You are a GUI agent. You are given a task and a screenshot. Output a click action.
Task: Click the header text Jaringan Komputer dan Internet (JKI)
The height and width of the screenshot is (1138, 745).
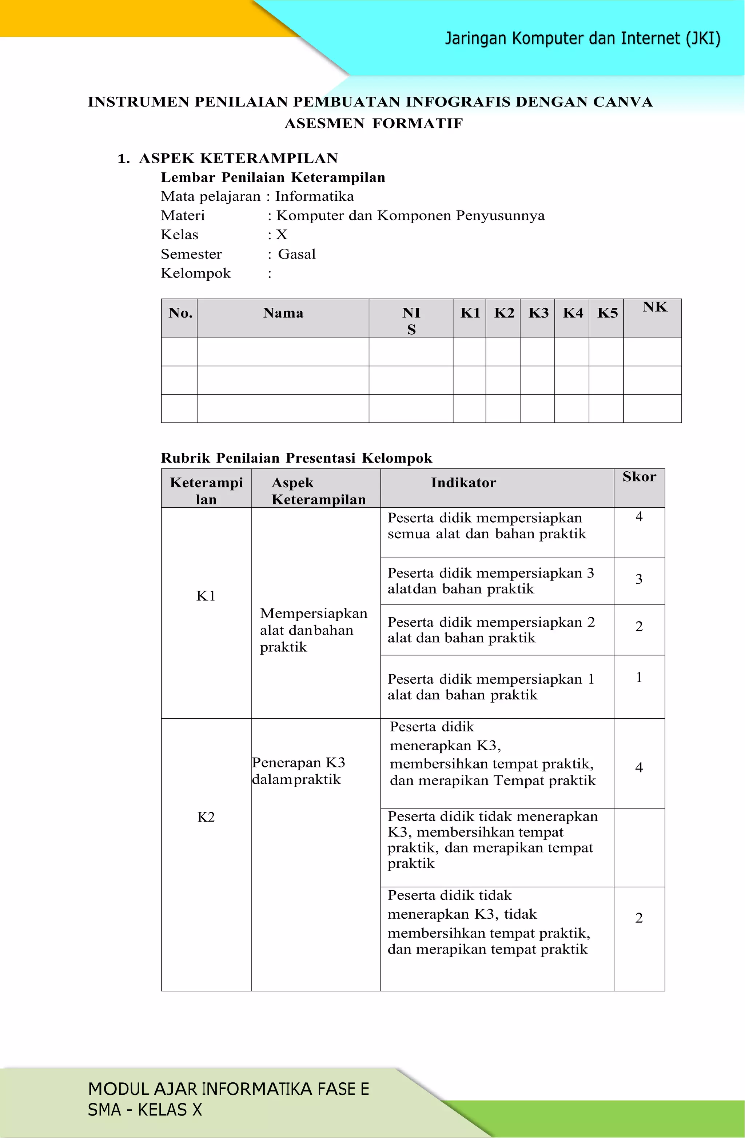[x=582, y=38]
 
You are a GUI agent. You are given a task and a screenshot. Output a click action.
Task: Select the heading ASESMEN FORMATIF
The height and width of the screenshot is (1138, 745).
[x=374, y=123]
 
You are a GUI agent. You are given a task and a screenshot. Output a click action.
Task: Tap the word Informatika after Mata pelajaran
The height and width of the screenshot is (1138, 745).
[x=314, y=196]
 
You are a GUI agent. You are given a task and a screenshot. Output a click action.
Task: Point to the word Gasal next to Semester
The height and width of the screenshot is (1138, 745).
[x=296, y=254]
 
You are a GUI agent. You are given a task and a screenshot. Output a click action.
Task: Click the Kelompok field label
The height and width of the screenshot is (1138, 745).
[x=196, y=273]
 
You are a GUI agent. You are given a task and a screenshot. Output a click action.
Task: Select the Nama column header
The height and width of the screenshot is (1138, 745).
[x=283, y=313]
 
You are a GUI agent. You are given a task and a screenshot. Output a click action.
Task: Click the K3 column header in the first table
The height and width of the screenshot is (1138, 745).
[x=538, y=313]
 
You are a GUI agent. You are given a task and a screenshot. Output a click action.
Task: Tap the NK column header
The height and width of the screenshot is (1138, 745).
[x=654, y=307]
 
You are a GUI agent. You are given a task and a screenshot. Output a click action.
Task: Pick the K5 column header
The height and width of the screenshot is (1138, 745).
[x=607, y=313]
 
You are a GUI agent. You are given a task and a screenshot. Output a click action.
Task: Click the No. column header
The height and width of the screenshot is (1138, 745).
[x=180, y=313]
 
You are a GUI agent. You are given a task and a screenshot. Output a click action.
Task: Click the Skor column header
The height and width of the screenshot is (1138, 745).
[x=639, y=477]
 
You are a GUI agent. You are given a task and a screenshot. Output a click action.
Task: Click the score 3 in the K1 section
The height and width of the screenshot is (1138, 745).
[x=638, y=579]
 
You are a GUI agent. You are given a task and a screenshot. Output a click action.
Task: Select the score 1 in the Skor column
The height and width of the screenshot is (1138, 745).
[x=638, y=677]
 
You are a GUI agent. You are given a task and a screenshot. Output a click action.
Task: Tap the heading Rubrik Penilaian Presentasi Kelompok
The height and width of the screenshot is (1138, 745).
[x=296, y=458]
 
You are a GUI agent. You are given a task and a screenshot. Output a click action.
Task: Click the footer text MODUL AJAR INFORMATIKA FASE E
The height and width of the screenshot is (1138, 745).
[x=228, y=1089]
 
